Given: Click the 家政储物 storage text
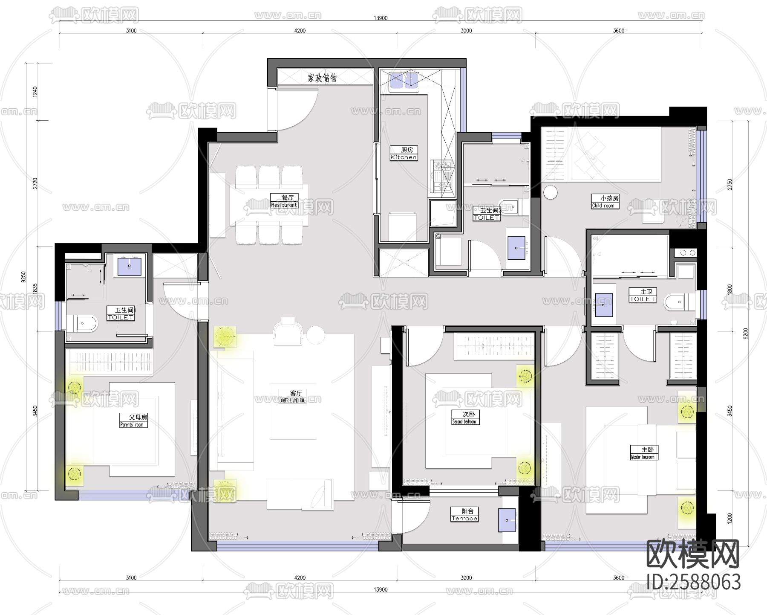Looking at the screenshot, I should (x=322, y=78).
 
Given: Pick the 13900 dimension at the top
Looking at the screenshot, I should (x=381, y=18).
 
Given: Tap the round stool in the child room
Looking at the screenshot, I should (x=550, y=192).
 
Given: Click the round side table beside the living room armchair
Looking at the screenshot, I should (x=316, y=335).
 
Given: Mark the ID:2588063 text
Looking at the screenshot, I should (x=693, y=582).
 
